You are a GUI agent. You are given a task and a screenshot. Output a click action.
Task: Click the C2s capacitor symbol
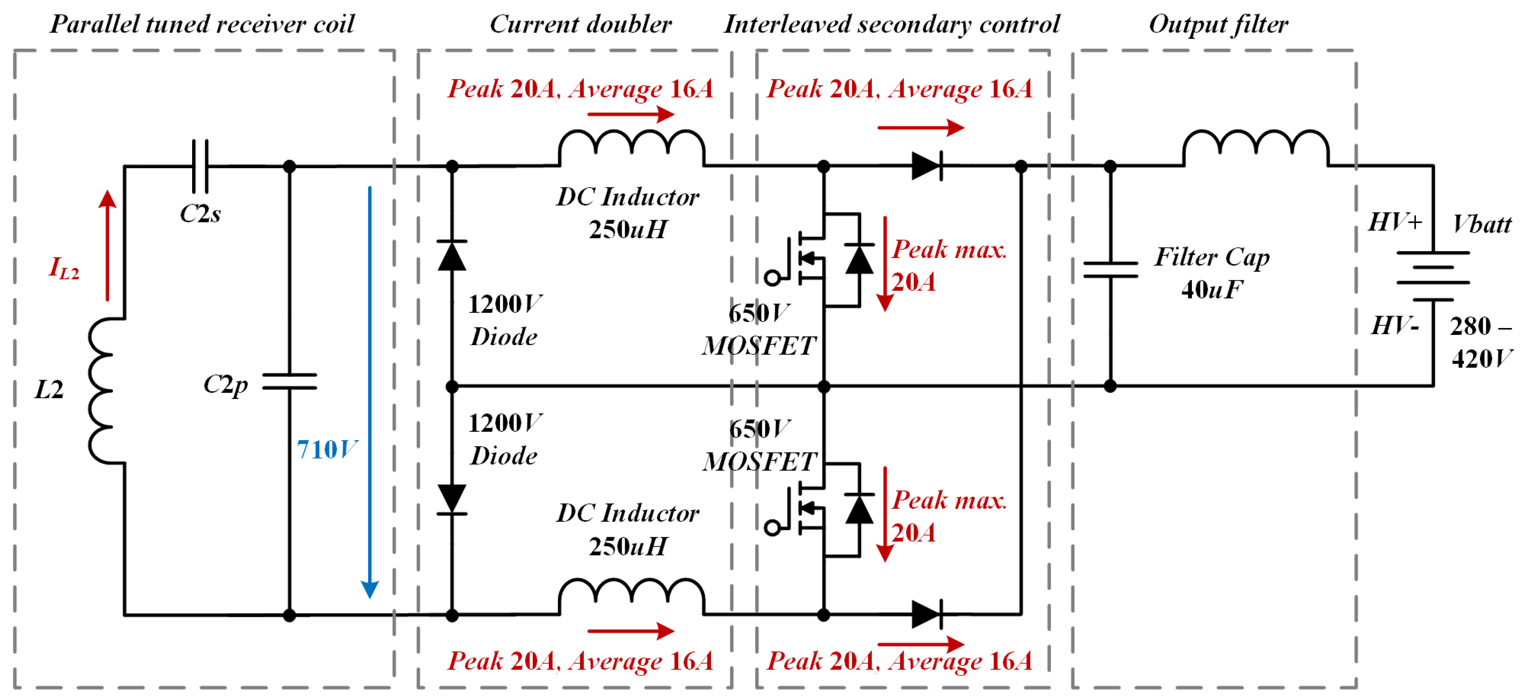click(200, 166)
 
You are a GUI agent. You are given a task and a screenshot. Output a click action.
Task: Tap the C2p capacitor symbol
click(289, 382)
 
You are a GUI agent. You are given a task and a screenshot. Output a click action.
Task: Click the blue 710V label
click(326, 449)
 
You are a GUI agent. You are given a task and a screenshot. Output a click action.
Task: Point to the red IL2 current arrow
click(107, 245)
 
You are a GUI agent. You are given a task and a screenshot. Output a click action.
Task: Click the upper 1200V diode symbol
click(452, 255)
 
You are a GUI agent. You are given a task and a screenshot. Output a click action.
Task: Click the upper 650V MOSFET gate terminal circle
click(772, 277)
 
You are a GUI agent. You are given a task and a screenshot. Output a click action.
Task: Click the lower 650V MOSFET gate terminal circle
click(772, 527)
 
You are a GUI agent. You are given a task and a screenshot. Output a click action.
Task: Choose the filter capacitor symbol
click(1110, 270)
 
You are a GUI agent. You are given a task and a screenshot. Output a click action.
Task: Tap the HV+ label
click(1395, 223)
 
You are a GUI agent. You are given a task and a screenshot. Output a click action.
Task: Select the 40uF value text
click(1212, 290)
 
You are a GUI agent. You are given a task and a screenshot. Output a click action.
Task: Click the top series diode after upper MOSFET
click(927, 166)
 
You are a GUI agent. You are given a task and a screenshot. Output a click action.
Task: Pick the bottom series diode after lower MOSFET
click(927, 614)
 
